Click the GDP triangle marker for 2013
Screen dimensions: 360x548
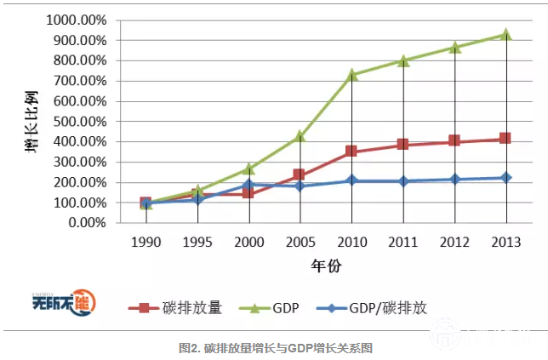point(505,35)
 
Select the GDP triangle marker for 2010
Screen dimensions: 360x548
point(351,75)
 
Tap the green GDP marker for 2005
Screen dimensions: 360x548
point(300,136)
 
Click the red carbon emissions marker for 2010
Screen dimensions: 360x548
point(351,151)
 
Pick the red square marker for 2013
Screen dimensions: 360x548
point(505,139)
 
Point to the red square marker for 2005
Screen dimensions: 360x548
point(300,174)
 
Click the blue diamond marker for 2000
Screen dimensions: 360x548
point(248,184)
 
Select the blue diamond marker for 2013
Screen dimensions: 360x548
point(505,178)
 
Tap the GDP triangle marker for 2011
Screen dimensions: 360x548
point(402,60)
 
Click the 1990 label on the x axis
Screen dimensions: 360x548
point(146,242)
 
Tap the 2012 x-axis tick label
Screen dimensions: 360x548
point(454,242)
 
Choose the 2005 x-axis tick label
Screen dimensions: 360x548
point(300,242)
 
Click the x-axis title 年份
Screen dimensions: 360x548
point(325,266)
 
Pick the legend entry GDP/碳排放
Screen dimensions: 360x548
point(391,308)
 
